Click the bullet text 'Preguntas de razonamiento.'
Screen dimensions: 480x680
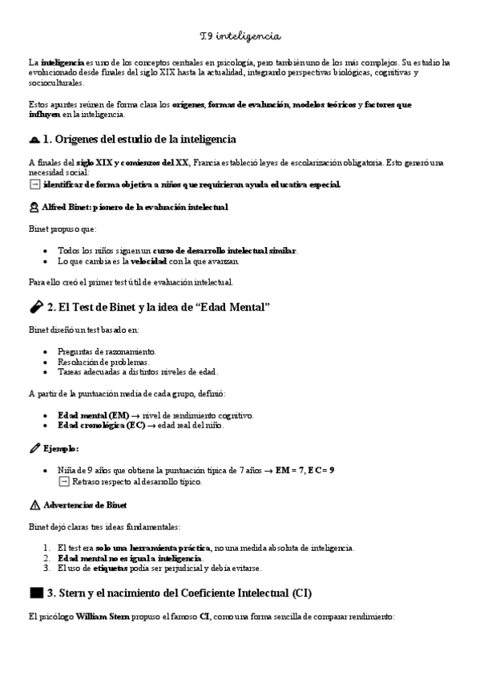(107, 351)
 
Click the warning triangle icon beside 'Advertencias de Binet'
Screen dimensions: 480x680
(33, 505)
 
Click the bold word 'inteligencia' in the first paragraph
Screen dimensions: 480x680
(62, 62)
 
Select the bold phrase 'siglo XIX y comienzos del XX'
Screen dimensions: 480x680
(132, 163)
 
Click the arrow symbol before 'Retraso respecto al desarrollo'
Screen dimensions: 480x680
(64, 482)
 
